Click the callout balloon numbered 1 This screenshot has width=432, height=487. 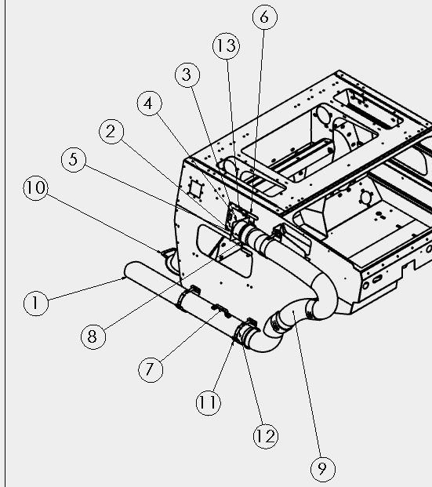coord(36,303)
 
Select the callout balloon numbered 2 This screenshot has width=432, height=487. coord(111,132)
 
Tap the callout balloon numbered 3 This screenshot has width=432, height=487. coord(187,75)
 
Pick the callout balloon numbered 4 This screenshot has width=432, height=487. coord(150,104)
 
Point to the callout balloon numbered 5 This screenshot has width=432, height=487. coord(74,160)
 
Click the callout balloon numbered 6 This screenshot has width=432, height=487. coord(264,17)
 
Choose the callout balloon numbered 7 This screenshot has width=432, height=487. coord(151,369)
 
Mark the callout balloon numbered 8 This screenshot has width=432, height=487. coord(93,336)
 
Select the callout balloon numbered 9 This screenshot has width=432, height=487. coord(323,469)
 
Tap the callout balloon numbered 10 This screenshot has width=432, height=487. coord(36,188)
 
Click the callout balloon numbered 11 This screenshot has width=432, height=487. coord(209,402)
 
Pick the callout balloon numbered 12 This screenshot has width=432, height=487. coord(266,436)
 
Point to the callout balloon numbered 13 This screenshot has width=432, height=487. coord(226,46)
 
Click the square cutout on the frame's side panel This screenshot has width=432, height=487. coord(196,188)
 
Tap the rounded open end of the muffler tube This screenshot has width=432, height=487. coord(130,271)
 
